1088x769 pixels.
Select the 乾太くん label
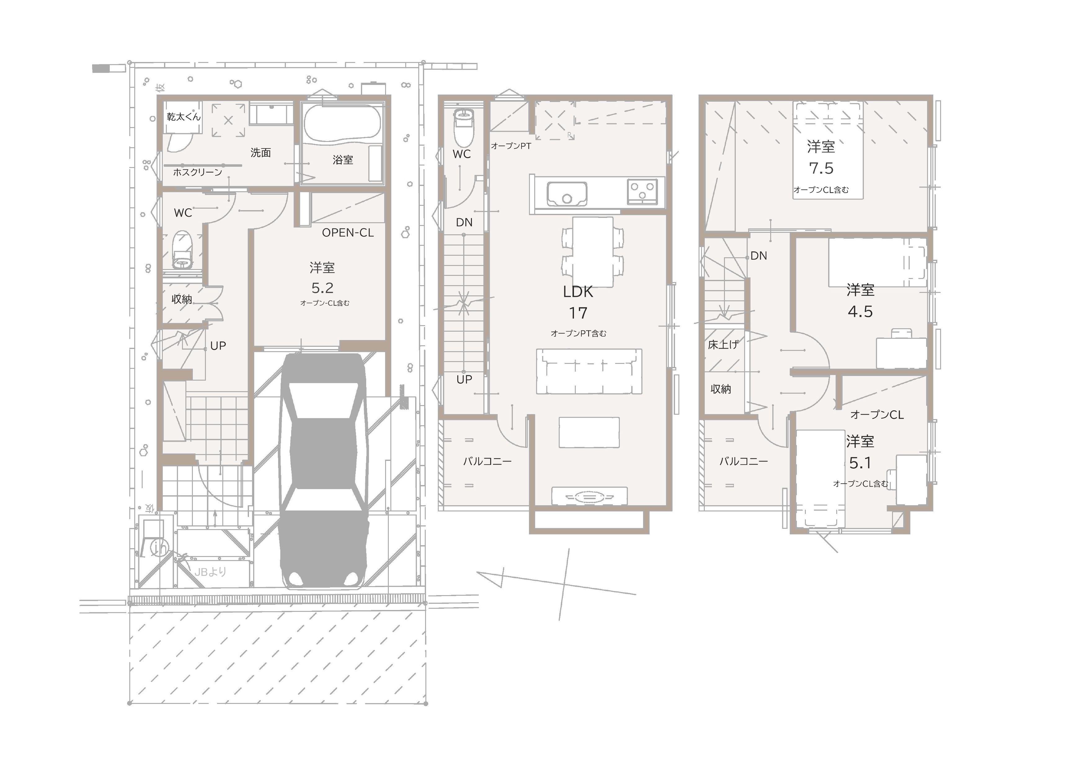[x=183, y=117]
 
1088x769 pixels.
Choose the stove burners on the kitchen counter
[x=642, y=192]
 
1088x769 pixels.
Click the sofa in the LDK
[x=589, y=371]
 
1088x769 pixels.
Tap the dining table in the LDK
[x=593, y=252]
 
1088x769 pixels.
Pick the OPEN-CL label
[x=348, y=233]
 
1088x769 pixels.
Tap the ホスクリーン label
[x=198, y=172]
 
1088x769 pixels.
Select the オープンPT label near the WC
[x=511, y=146]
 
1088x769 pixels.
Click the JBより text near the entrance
[x=211, y=572]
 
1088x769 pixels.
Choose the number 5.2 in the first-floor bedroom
[x=322, y=288]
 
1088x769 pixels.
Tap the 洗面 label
[x=261, y=152]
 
